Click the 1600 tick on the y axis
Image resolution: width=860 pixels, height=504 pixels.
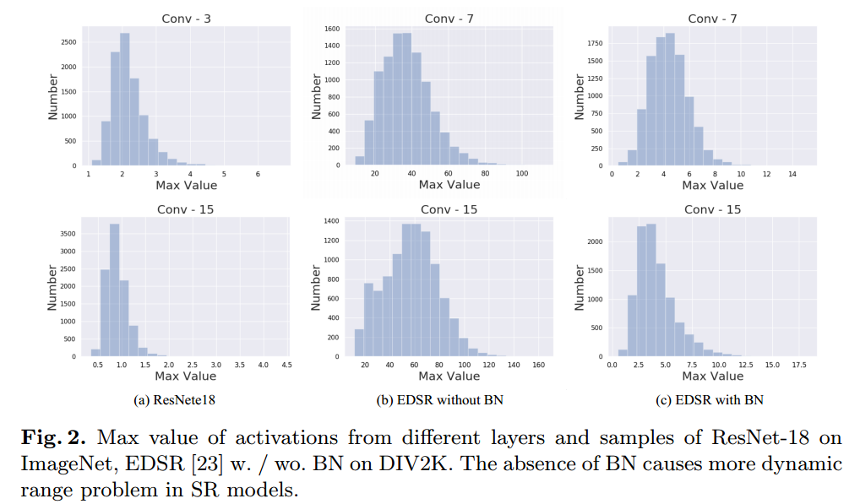click(x=332, y=29)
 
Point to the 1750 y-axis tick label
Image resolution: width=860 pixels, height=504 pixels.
click(x=596, y=43)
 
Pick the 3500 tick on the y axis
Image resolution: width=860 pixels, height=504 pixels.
click(x=68, y=233)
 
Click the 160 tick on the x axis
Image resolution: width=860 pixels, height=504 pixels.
click(x=539, y=365)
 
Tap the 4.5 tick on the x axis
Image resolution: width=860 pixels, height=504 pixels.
click(x=286, y=365)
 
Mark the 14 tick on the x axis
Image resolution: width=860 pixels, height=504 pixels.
click(x=792, y=174)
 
